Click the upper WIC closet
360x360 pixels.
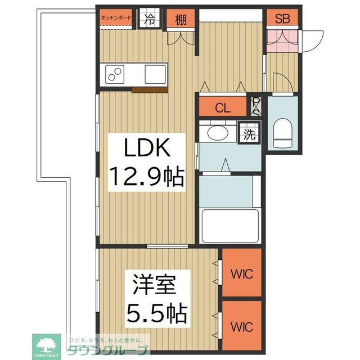pyautogui.click(x=242, y=274)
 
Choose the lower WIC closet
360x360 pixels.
pyautogui.click(x=242, y=326)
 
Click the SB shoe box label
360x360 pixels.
pyautogui.click(x=282, y=18)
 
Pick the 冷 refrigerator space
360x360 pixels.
pyautogui.click(x=150, y=19)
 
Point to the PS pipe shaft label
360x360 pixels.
pyautogui.click(x=256, y=106)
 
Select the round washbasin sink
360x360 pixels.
pyautogui.click(x=217, y=133)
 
